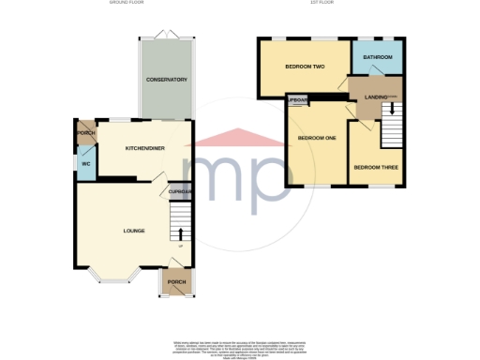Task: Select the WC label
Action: pyautogui.click(x=84, y=164)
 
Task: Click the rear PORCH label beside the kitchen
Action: pyautogui.click(x=85, y=132)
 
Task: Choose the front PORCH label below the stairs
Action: pyautogui.click(x=175, y=281)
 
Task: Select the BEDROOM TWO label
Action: pyautogui.click(x=306, y=67)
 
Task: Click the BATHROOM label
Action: pyautogui.click(x=379, y=57)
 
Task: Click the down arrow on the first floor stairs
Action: pyautogui.click(x=392, y=111)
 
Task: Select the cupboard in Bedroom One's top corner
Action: pyautogui.click(x=298, y=99)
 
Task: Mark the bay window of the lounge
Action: pyautogui.click(x=114, y=277)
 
